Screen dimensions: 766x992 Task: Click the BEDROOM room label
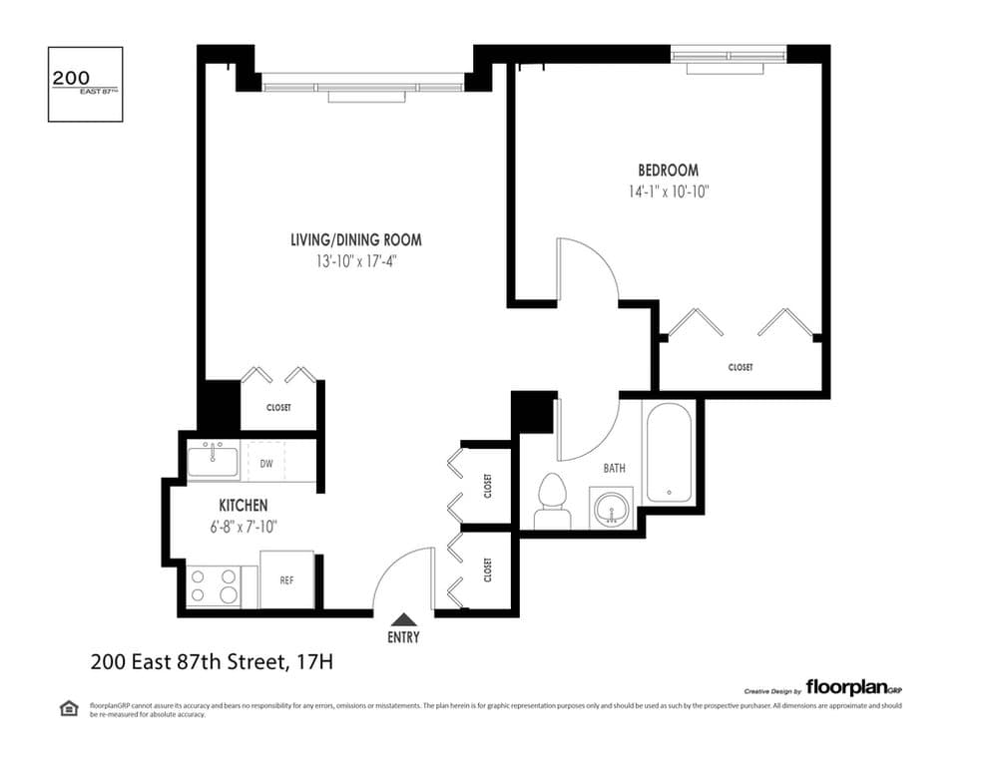(668, 171)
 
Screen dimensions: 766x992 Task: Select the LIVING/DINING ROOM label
(355, 239)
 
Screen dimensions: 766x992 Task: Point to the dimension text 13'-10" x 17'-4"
(355, 261)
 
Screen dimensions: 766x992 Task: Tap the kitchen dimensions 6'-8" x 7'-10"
(243, 528)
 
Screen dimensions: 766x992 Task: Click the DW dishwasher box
(266, 463)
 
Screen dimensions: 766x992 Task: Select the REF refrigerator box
(286, 579)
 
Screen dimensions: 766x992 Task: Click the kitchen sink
(214, 462)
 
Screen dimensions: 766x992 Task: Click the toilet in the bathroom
(552, 501)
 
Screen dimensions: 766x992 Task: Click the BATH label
(614, 468)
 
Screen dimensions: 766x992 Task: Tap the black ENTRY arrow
(403, 619)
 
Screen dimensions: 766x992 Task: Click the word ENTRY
(403, 638)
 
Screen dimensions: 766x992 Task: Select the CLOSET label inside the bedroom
(740, 367)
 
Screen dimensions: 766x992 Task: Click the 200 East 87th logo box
(85, 84)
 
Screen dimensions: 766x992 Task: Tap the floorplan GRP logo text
(853, 687)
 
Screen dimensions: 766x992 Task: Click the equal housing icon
(69, 708)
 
